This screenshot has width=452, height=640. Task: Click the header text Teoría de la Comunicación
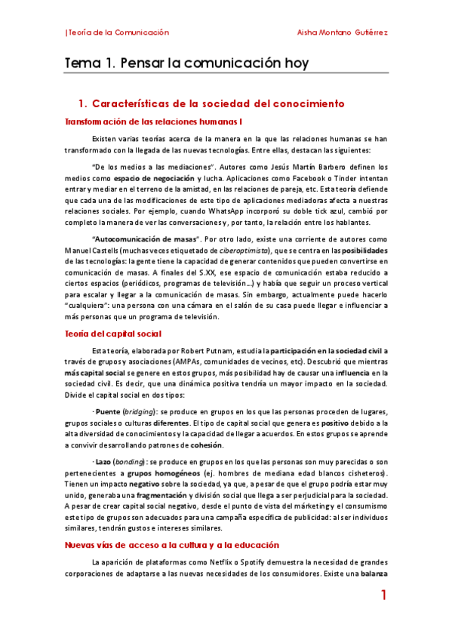pyautogui.click(x=118, y=32)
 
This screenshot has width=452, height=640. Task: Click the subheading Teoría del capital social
pyautogui.click(x=112, y=334)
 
